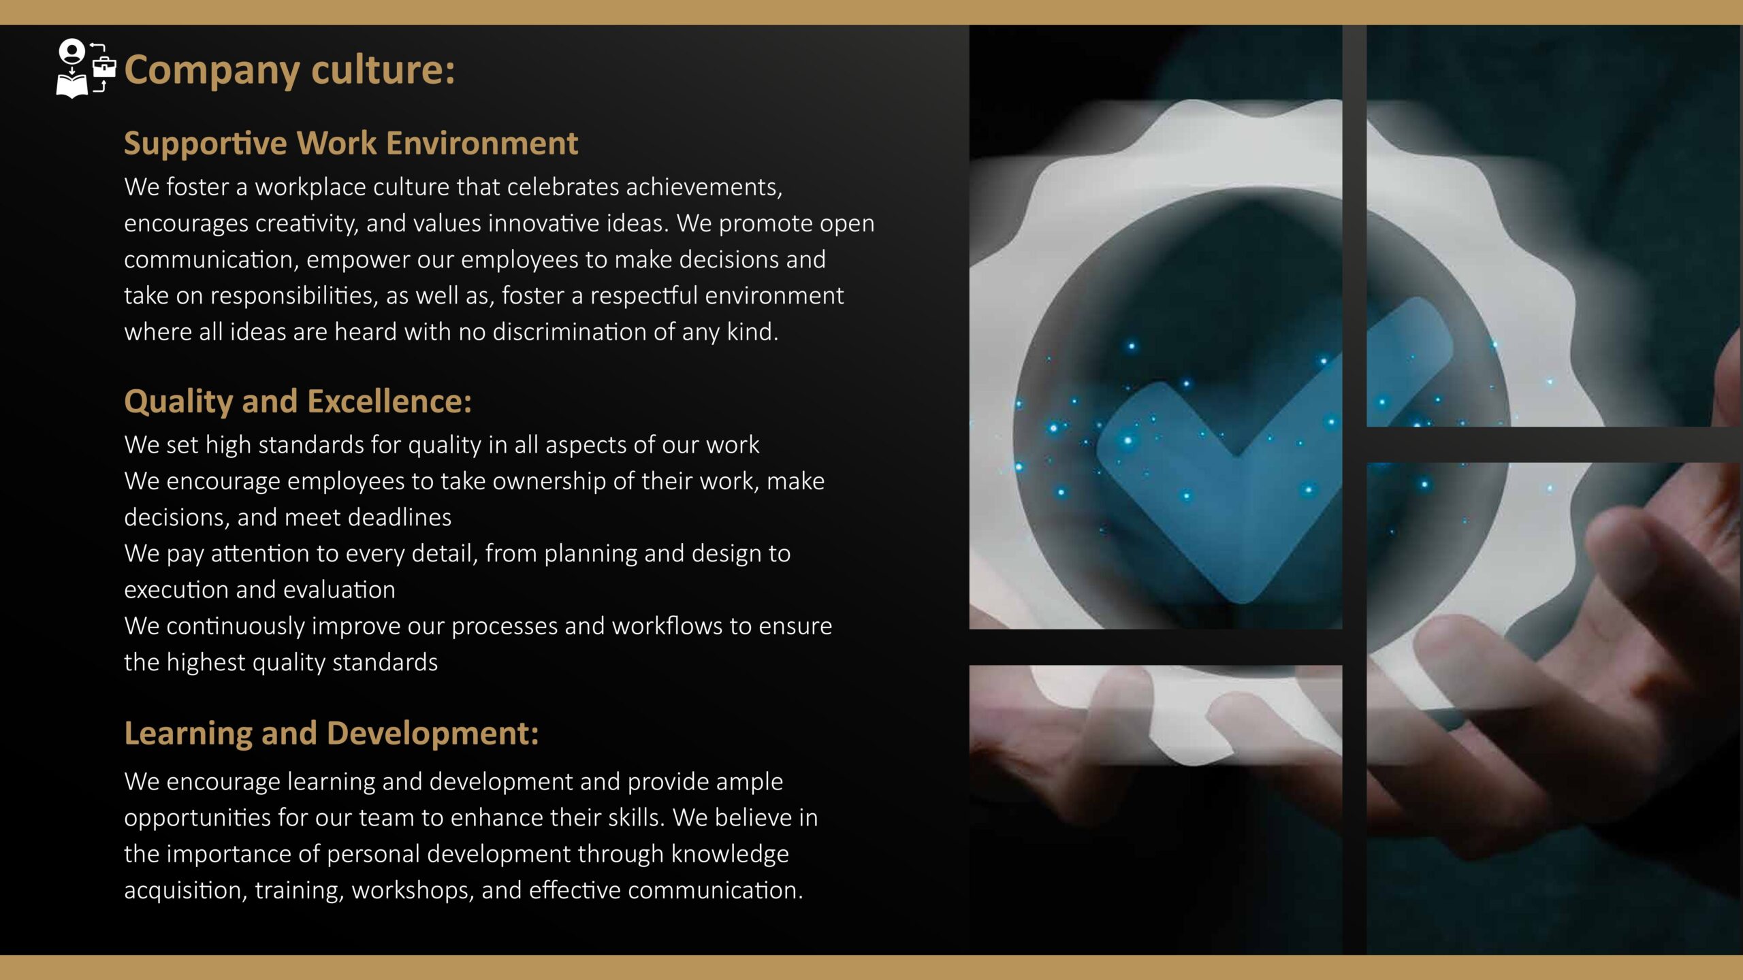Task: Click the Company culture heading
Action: [289, 70]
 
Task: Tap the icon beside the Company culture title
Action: [86, 69]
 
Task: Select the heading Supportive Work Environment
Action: [351, 144]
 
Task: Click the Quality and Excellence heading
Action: [298, 402]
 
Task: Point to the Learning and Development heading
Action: [331, 734]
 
